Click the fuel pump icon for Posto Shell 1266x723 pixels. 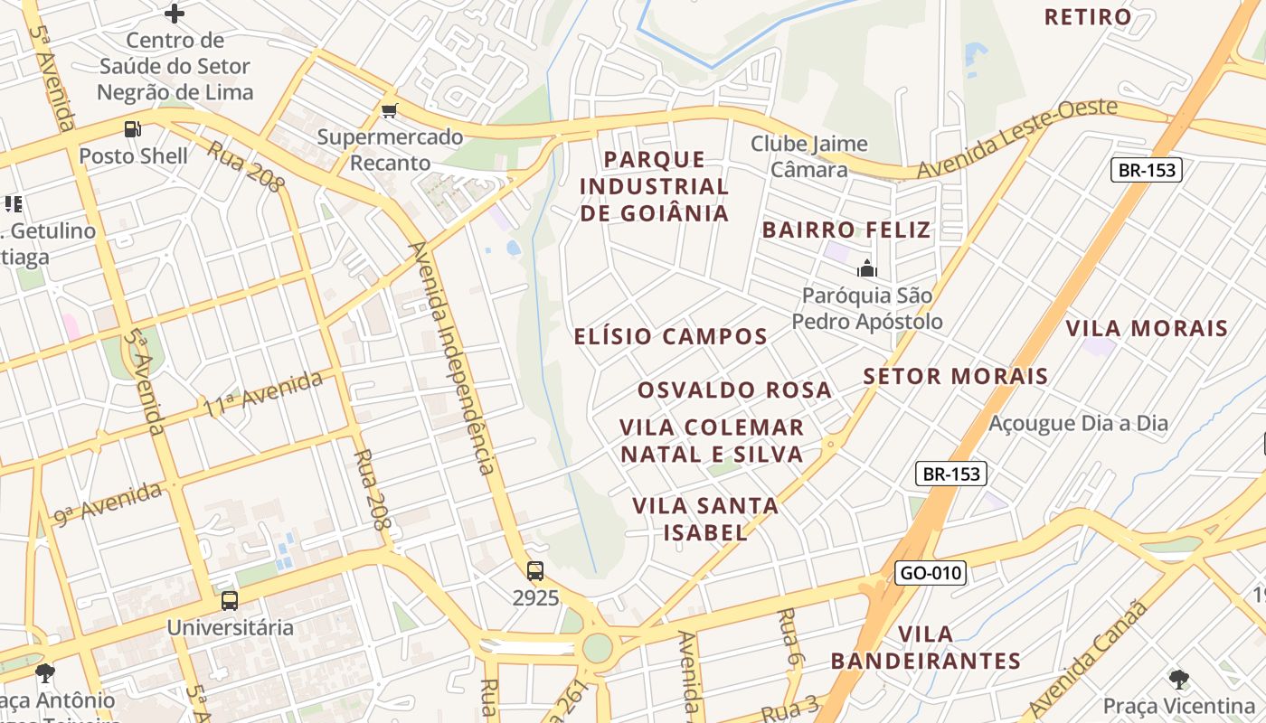tap(133, 129)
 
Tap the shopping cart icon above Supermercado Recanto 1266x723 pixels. tap(390, 110)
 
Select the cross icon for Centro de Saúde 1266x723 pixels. tap(175, 14)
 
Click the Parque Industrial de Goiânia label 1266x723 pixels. tap(654, 186)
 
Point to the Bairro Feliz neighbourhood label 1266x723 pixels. tap(846, 230)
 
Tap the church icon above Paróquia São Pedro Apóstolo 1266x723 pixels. tap(867, 268)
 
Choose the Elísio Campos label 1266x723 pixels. tap(670, 336)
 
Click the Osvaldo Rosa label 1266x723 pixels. tap(734, 390)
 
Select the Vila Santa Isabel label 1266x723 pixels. tap(705, 519)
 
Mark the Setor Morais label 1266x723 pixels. tap(955, 376)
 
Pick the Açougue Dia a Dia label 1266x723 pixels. tap(1078, 423)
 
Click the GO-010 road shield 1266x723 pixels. tap(931, 572)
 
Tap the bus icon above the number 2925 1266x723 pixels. tap(535, 570)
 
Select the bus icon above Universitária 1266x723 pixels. tap(230, 600)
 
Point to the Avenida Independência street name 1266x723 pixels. tap(452, 358)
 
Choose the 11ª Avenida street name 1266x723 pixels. tap(263, 393)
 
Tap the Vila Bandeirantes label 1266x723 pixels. tap(926, 647)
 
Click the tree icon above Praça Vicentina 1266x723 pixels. tap(1178, 679)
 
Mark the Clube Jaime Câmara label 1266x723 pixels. tap(808, 156)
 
